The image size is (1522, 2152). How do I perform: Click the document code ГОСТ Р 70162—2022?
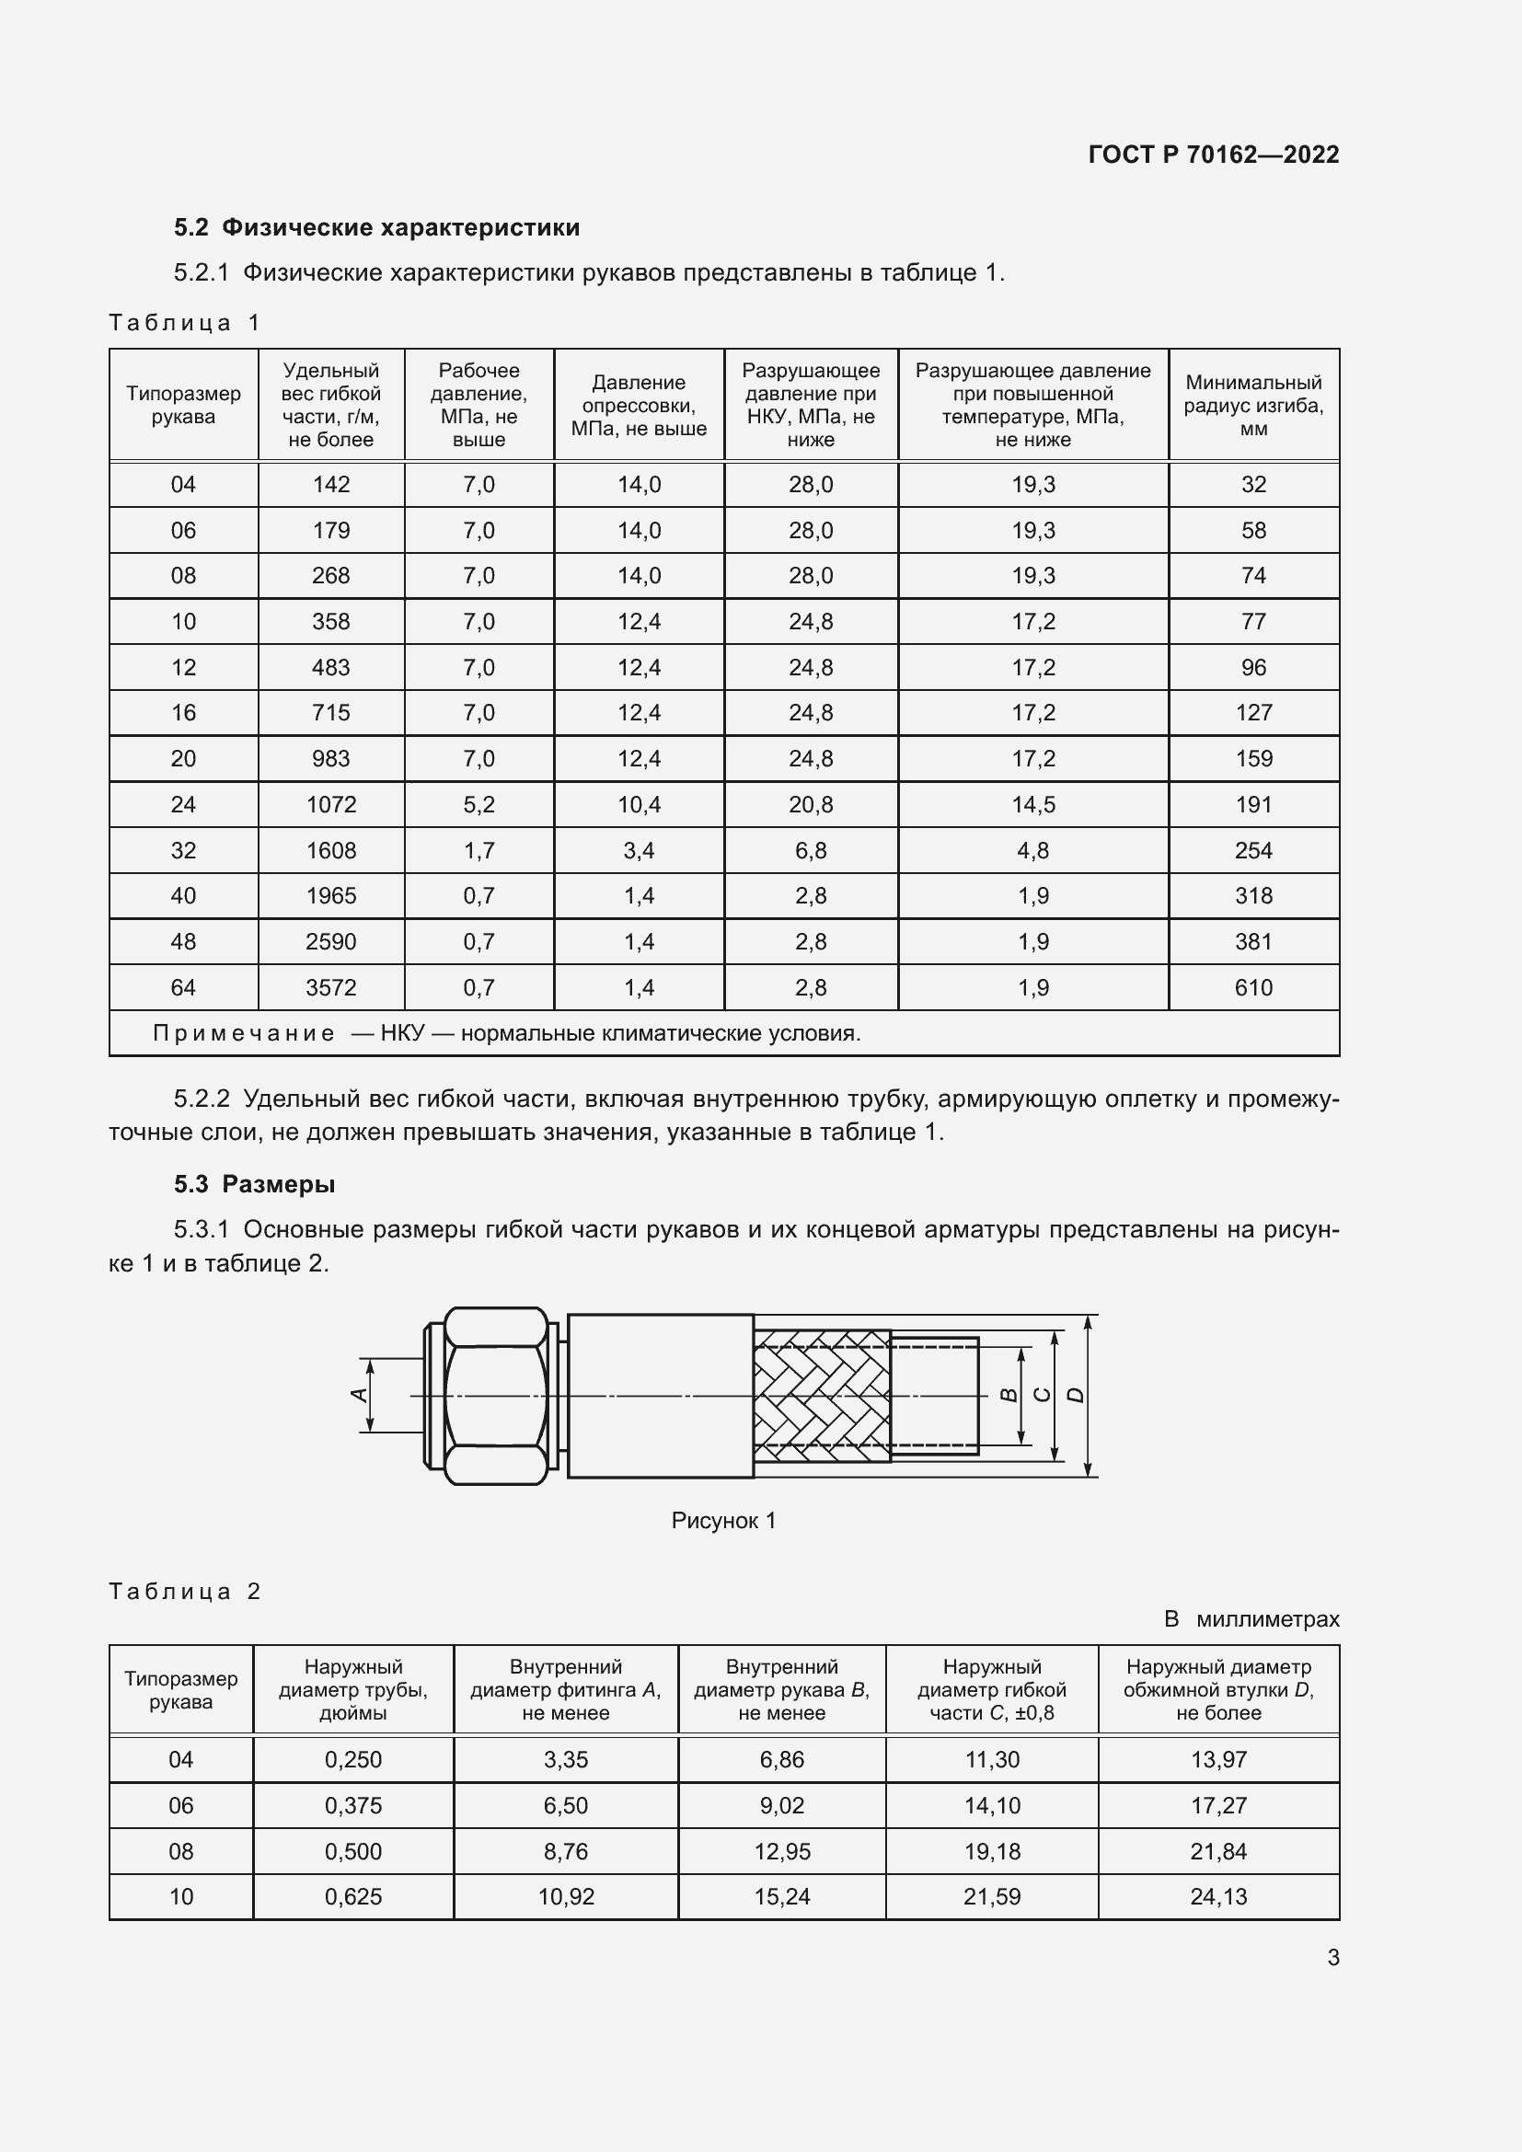[1213, 155]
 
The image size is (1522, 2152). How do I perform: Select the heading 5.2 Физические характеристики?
[376, 228]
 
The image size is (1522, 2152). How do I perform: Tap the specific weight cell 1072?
[331, 804]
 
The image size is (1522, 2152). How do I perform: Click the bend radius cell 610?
[1253, 987]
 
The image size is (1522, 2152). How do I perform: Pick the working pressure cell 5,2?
[478, 804]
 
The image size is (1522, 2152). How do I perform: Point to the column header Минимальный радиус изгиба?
[1253, 405]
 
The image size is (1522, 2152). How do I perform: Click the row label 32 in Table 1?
[183, 850]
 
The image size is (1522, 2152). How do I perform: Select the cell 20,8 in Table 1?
[810, 804]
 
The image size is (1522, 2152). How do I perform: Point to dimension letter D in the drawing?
[1077, 1396]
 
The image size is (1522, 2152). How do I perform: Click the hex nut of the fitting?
[495, 1396]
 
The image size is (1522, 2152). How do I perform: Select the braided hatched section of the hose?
[821, 1396]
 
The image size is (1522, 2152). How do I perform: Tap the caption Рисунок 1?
[723, 1520]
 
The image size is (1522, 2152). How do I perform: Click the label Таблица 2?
[185, 1592]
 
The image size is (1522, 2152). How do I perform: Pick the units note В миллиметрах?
[1251, 1618]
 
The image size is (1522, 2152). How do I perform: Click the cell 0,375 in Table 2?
[352, 1805]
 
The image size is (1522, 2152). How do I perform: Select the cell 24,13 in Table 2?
[1218, 1896]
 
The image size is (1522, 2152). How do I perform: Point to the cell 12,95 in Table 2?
[781, 1851]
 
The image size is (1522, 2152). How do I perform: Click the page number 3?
[1332, 1957]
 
